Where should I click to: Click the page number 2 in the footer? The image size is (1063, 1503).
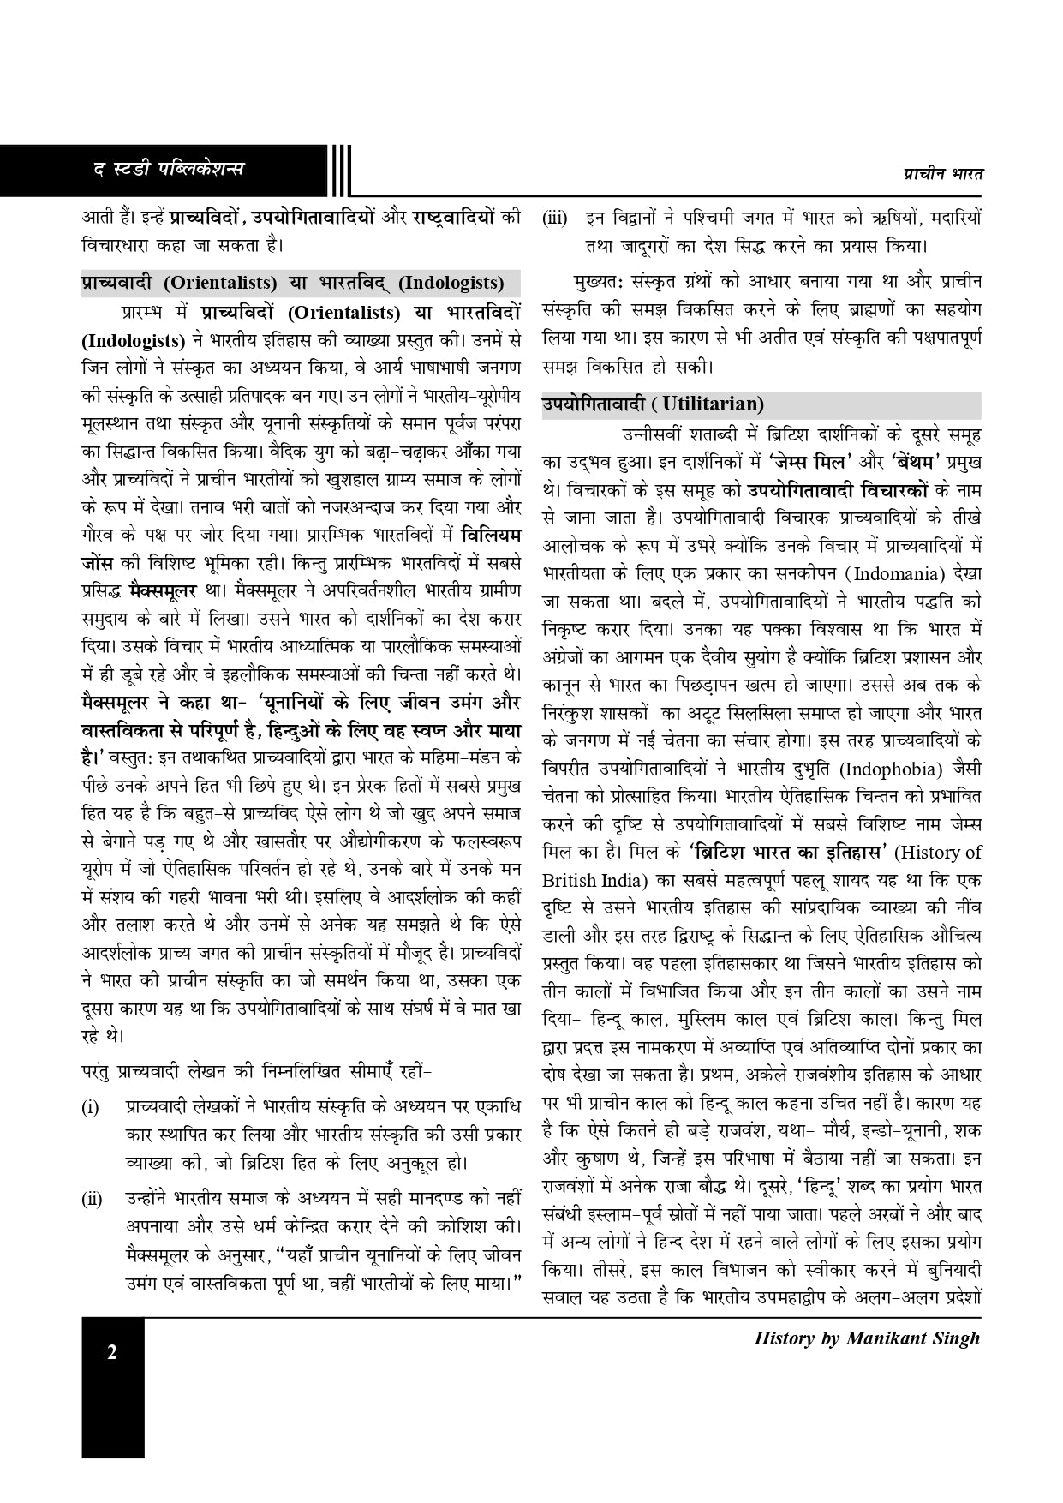[x=112, y=1354]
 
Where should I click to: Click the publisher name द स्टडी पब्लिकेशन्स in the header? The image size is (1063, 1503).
[x=169, y=169]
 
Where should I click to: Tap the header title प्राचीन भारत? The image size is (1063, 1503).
[x=942, y=173]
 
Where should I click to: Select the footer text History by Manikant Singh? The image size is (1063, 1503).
[x=866, y=1338]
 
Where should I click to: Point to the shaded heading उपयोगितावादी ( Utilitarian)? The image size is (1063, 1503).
[x=653, y=404]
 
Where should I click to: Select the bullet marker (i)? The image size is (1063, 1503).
[x=90, y=1109]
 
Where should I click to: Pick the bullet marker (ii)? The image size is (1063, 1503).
[x=92, y=1199]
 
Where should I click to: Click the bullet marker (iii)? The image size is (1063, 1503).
[x=555, y=219]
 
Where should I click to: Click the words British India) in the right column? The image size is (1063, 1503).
[x=598, y=880]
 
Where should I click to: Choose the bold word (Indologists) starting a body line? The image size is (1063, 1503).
[x=133, y=340]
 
